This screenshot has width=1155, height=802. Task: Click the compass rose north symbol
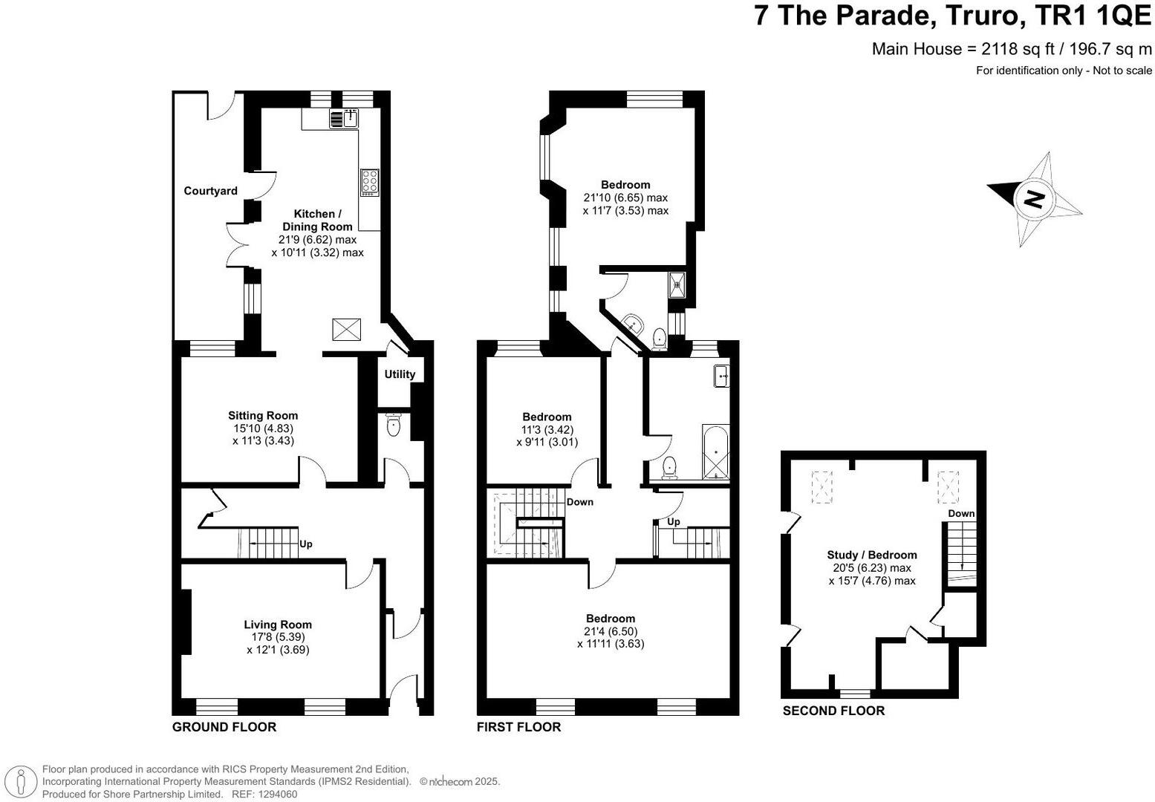(1034, 199)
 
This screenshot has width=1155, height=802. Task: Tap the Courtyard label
(210, 191)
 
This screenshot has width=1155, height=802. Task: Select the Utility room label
(400, 374)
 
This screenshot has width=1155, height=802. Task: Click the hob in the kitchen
(369, 183)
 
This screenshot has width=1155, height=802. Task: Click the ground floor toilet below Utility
(394, 426)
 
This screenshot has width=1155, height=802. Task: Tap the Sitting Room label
(263, 415)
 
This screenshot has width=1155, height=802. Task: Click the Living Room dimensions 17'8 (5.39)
(278, 636)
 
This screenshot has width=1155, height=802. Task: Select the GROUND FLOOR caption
(224, 726)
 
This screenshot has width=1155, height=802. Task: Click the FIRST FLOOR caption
(518, 726)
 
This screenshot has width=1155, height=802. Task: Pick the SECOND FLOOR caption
(833, 711)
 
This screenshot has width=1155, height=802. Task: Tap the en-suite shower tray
(677, 284)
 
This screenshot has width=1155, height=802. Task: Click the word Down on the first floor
(580, 502)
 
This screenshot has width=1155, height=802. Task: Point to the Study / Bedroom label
(872, 555)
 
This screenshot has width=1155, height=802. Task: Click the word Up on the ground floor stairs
(305, 544)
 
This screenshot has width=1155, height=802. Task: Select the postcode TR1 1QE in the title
(1087, 15)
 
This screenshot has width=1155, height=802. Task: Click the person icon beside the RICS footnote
(22, 781)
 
